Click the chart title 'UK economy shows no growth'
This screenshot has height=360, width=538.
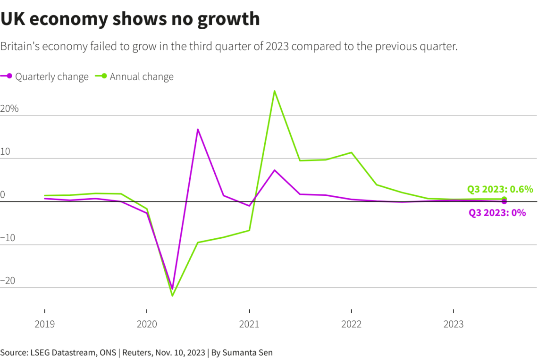coord(130,19)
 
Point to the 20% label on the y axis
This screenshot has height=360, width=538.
coord(9,109)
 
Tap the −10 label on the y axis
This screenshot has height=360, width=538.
coord(8,238)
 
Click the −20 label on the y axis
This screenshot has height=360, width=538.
coord(8,281)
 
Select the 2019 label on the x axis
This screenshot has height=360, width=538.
coord(44,324)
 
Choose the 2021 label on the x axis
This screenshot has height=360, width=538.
coord(249,324)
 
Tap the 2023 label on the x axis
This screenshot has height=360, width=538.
coord(454,324)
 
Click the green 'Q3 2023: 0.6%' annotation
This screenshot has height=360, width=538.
coord(500,189)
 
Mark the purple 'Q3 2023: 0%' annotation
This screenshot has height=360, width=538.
coord(497,213)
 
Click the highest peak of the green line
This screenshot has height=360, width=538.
coord(274,91)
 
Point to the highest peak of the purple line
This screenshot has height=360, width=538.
coord(198,129)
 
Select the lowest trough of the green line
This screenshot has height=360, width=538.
coord(172,296)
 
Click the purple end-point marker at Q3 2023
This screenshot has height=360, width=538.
coord(504,201)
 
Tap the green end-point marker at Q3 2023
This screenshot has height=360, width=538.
coord(504,199)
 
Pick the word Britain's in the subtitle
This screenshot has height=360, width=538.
coord(19,47)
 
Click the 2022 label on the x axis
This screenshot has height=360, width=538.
coord(351,324)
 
